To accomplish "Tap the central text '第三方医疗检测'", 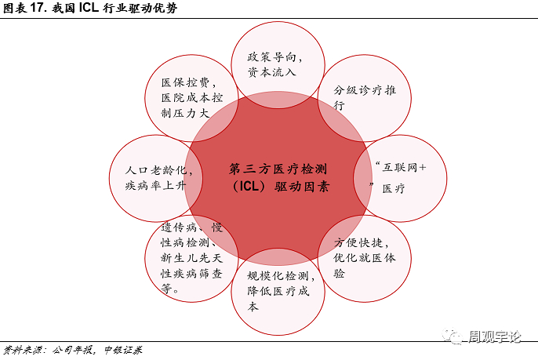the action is [x=278, y=169].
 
